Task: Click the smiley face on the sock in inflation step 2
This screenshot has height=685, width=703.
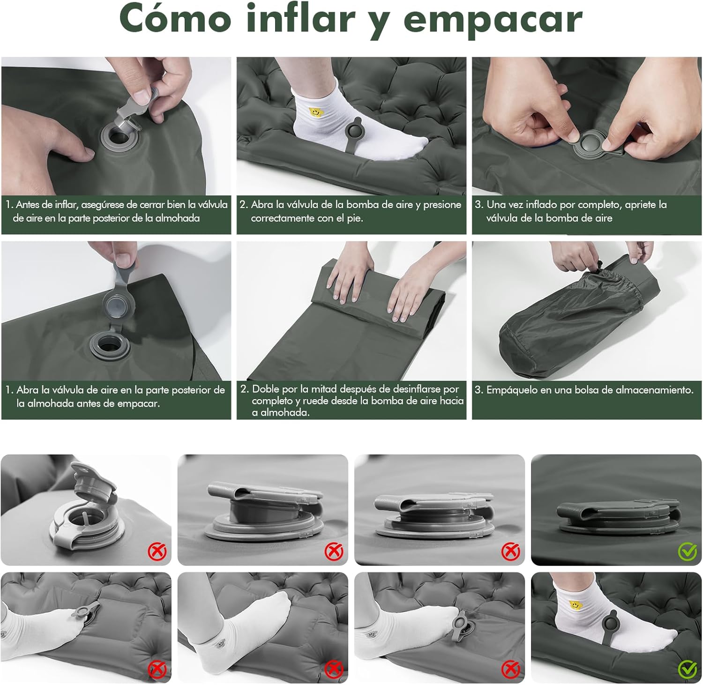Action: [x=315, y=112]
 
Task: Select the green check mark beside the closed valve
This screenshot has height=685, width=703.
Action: [x=688, y=552]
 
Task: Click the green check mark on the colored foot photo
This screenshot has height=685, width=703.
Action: [x=688, y=669]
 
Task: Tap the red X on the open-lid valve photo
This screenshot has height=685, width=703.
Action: [x=157, y=551]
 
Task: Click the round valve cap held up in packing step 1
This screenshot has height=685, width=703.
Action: [x=120, y=306]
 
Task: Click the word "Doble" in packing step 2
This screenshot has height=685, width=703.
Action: [x=265, y=389]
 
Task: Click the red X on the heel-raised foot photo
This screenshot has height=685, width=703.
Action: [x=334, y=669]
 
